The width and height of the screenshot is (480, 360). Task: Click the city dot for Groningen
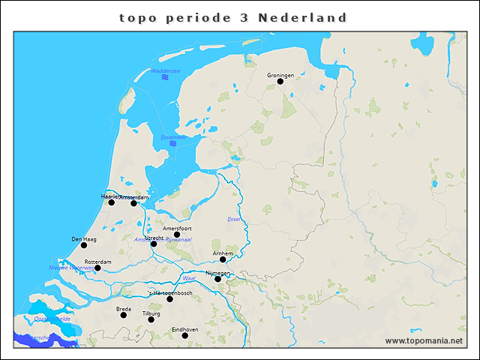[x=280, y=81]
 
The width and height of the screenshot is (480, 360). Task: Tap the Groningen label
[x=280, y=74]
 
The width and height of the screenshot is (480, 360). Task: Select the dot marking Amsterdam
[x=133, y=203]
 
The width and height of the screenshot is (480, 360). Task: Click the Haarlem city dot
[x=111, y=202]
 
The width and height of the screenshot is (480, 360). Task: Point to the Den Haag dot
[x=84, y=245]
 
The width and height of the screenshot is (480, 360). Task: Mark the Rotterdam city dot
[x=97, y=268]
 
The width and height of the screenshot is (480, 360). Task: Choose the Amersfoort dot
[x=177, y=235]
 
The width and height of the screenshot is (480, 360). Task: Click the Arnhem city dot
[x=223, y=259]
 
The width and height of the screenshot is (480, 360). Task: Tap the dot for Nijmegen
[x=217, y=279]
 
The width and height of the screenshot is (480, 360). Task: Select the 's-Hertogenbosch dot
[x=169, y=299]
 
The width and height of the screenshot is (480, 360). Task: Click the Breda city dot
[x=124, y=315]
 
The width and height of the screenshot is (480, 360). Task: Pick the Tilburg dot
[x=151, y=319]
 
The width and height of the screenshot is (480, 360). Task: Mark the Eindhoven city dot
[x=185, y=335]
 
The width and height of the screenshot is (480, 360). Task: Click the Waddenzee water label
[x=165, y=71]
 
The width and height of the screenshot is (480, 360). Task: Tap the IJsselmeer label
[x=173, y=137]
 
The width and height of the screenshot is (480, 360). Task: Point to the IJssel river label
[x=233, y=219]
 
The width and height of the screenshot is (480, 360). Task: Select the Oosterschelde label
[x=52, y=319]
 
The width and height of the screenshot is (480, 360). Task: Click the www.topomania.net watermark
[x=424, y=340]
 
